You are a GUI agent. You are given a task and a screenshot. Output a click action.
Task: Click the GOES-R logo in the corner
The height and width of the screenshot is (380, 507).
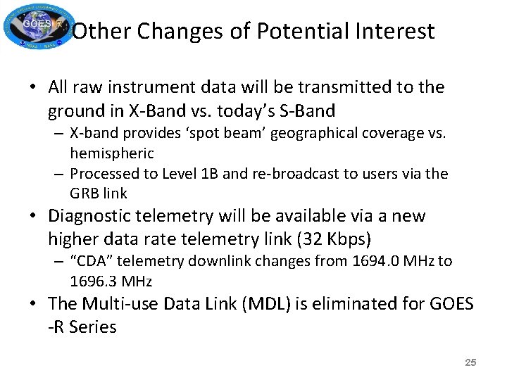[x=38, y=26]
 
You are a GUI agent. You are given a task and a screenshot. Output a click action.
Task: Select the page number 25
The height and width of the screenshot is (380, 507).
[x=470, y=362]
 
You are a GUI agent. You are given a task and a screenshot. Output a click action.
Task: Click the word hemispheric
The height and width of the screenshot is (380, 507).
[x=112, y=153]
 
